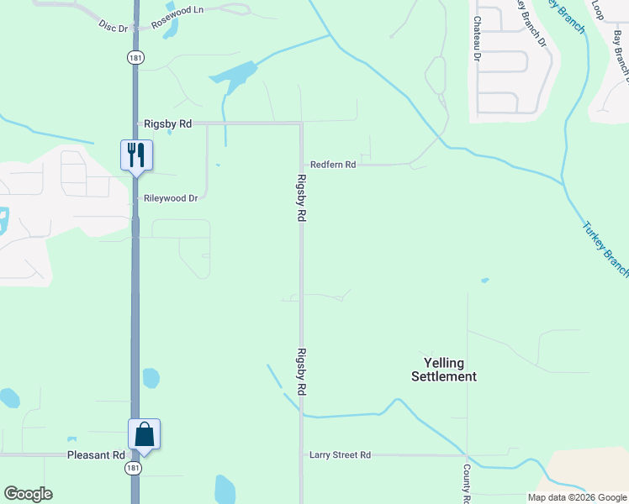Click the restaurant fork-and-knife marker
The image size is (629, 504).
136,155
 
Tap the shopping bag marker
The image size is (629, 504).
144,434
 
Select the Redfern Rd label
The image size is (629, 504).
333,165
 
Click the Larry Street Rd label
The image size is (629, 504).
340,455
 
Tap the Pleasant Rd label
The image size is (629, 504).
96,455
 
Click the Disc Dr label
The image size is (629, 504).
112,27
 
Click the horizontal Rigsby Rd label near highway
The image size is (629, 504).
167,123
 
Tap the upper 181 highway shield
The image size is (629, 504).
135,57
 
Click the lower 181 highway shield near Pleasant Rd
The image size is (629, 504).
133,467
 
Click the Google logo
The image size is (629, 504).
28,494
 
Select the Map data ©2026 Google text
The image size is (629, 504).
578,497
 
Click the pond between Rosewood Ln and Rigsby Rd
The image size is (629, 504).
234,77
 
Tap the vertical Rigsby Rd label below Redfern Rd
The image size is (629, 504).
301,197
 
